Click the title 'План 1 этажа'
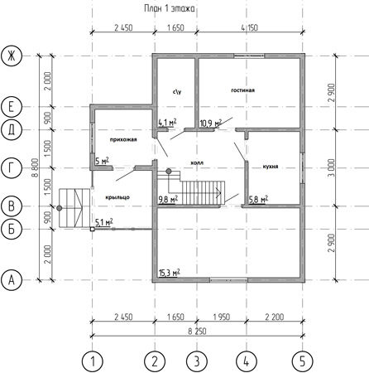point(169,8)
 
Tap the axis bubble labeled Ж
point(12,56)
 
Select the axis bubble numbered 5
point(302,361)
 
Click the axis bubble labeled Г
point(12,167)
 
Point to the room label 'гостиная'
point(242,90)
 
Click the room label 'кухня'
point(271,167)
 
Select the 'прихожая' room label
point(123,139)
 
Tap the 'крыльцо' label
point(117,197)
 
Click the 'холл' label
point(197,162)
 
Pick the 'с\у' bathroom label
point(177,91)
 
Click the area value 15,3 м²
point(170,273)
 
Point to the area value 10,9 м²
point(211,124)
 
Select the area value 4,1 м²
point(167,122)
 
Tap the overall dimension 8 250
point(197,331)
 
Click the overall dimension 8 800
point(35,167)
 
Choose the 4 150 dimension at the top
point(250,27)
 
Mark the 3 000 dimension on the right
point(332,167)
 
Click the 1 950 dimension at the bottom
point(221,317)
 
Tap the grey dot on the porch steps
point(60,208)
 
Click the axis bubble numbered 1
point(93,361)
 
